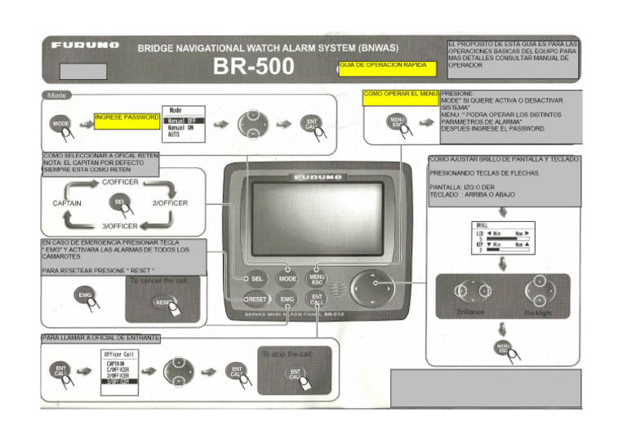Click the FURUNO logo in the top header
[85, 46]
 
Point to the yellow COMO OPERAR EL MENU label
[401, 95]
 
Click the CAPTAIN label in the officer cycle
[70, 202]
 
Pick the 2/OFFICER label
[169, 202]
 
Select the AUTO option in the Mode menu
[174, 134]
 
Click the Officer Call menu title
[119, 354]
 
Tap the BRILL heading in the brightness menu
[482, 224]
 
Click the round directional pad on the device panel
[372, 288]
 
